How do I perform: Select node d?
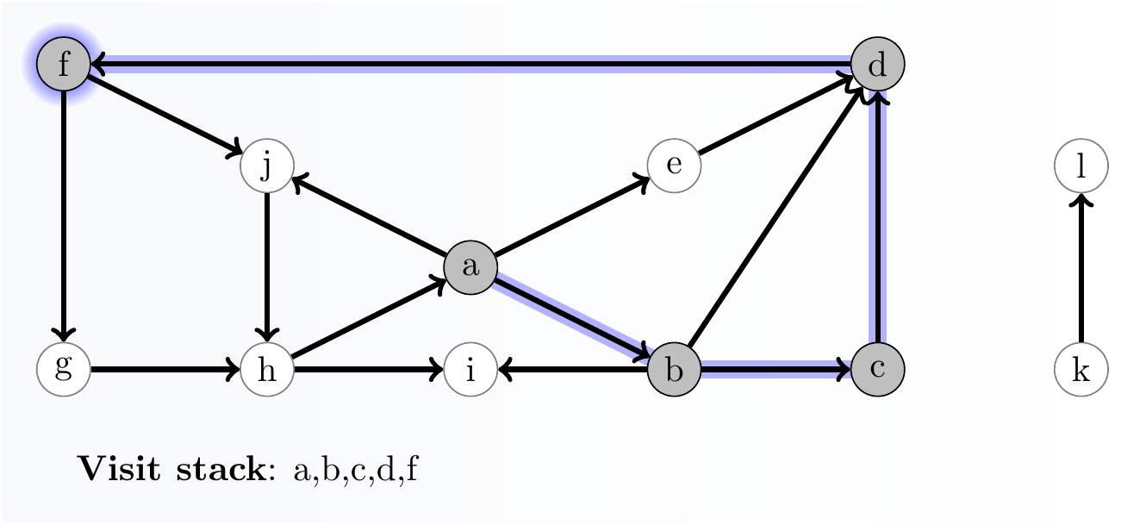[877, 64]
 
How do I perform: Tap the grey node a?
[470, 267]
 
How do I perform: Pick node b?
[674, 371]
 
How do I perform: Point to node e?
[674, 166]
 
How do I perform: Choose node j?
[267, 166]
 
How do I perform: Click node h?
[267, 371]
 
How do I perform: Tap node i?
[470, 371]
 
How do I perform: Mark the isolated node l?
[1081, 166]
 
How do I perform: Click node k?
[1081, 371]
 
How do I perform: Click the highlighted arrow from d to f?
[470, 63]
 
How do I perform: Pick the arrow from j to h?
[267, 267]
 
